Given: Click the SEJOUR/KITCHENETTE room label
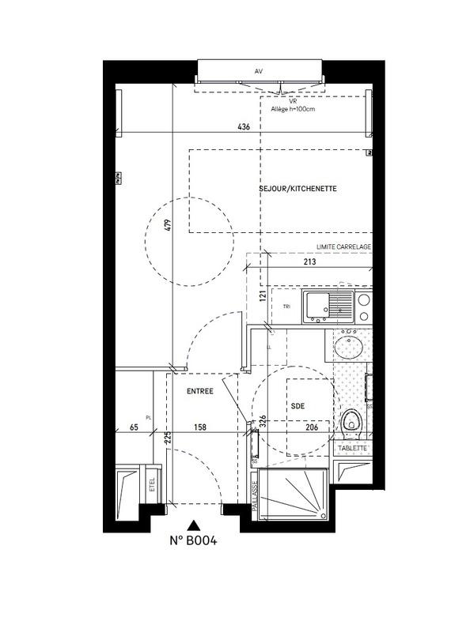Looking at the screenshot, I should tap(298, 189).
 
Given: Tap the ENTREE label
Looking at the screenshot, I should tap(200, 391).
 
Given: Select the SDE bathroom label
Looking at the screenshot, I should tap(297, 405).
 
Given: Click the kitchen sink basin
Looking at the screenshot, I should tap(320, 304).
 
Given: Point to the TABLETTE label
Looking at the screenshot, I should tap(352, 448).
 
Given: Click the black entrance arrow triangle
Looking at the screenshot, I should tap(193, 525).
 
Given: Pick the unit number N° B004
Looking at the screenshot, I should tap(193, 541).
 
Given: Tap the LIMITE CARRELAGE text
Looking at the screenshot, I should tap(343, 247).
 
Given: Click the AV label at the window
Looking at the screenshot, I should tap(259, 71).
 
